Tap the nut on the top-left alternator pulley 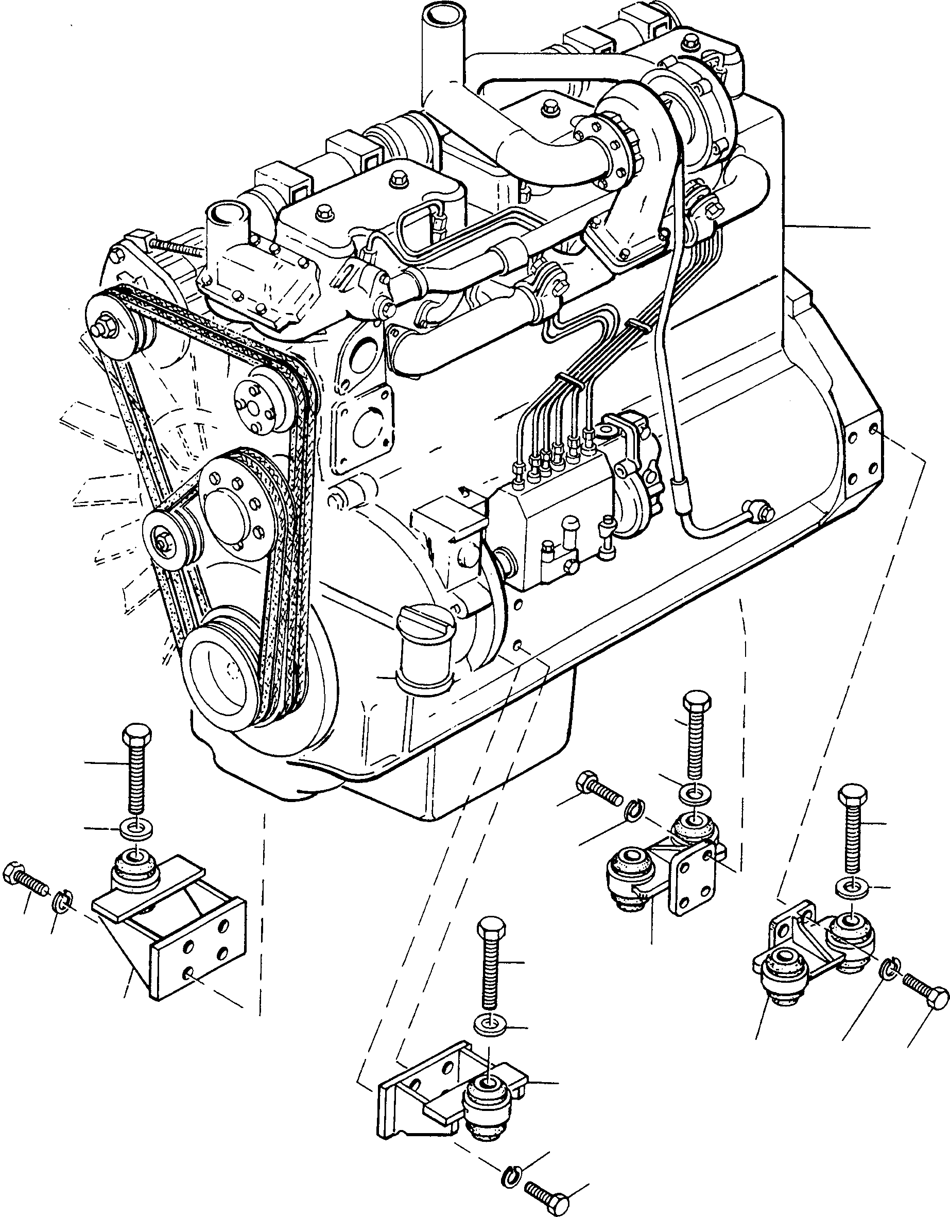click(104, 326)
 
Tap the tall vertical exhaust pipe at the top click(440, 50)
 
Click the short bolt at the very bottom click(549, 1190)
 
